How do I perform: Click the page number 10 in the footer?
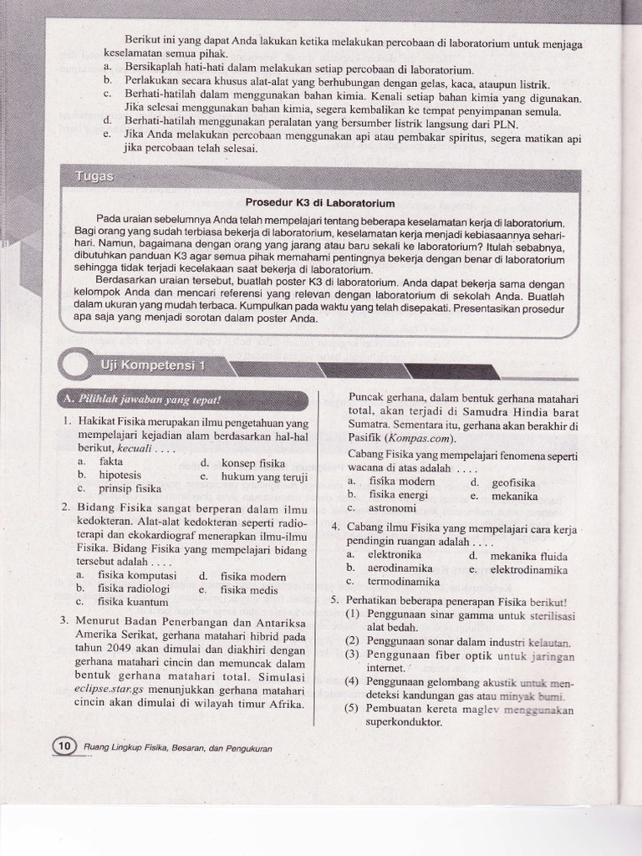click(64, 746)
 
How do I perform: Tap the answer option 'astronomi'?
click(392, 507)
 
